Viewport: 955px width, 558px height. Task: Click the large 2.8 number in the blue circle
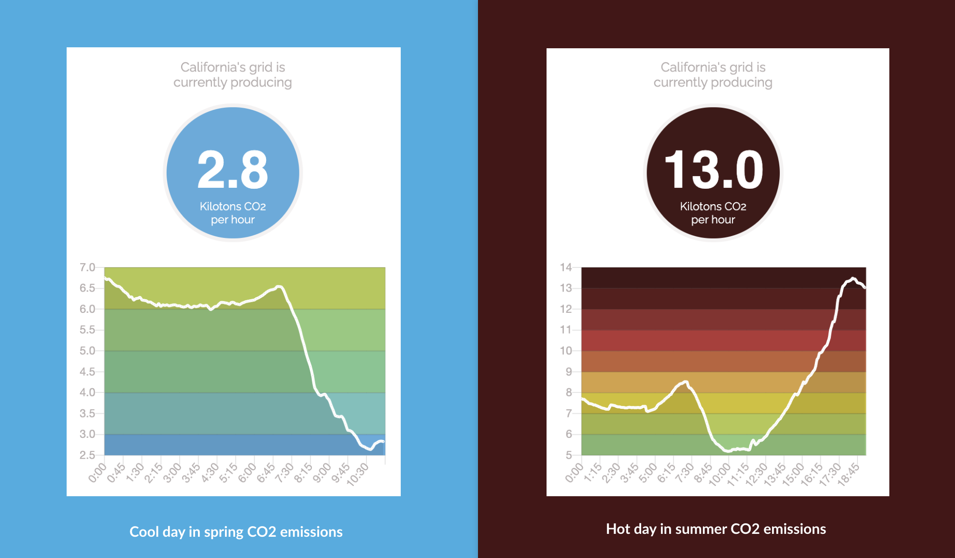[x=233, y=169]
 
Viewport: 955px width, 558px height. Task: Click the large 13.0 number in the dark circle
[x=713, y=169]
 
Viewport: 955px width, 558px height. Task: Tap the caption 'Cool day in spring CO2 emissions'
[x=236, y=531]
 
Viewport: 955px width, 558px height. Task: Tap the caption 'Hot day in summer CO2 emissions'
[x=716, y=529]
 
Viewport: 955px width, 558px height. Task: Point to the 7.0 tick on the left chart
[x=87, y=267]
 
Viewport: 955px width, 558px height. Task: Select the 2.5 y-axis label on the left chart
[x=87, y=455]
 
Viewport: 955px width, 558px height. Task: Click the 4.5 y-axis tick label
[x=87, y=372]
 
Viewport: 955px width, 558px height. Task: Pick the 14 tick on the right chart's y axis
[x=566, y=267]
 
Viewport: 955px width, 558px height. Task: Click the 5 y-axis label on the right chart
[x=569, y=455]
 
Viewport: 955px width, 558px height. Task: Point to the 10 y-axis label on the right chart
[x=566, y=351]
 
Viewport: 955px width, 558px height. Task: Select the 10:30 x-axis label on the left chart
[x=358, y=474]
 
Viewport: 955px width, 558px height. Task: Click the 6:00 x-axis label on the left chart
[x=248, y=472]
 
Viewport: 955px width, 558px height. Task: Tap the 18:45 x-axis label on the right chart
[x=849, y=474]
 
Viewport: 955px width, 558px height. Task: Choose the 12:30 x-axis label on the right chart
[x=756, y=474]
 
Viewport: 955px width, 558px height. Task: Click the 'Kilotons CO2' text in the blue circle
[x=233, y=207]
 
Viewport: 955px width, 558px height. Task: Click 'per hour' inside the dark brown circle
[x=713, y=220]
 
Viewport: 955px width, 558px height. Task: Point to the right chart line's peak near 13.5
[x=853, y=279]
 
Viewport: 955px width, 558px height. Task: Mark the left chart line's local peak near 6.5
[x=279, y=287]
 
